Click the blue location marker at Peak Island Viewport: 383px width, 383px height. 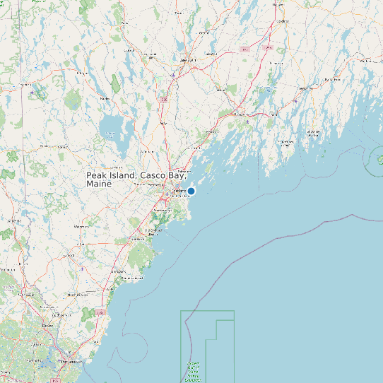(x=191, y=191)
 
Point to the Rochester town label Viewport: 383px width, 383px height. (x=28, y=295)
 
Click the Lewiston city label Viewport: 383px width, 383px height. (x=188, y=61)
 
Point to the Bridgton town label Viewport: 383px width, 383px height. (x=83, y=72)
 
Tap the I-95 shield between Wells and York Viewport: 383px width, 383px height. (x=101, y=312)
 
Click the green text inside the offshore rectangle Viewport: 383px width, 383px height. (x=193, y=372)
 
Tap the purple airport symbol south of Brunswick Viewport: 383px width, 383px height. (x=247, y=121)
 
